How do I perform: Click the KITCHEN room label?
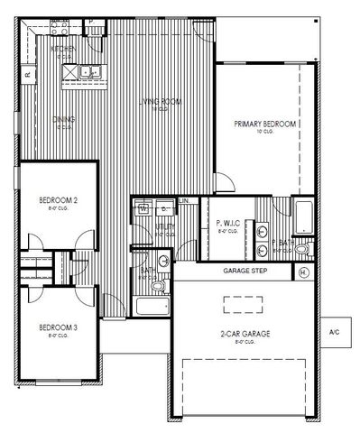pyautogui.click(x=62, y=49)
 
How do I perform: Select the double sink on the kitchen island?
pyautogui.click(x=89, y=70)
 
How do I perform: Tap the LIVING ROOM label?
pyautogui.click(x=160, y=102)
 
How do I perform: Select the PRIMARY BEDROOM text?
pyautogui.click(x=264, y=124)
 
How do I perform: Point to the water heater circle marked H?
pyautogui.click(x=303, y=272)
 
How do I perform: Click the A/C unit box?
pyautogui.click(x=335, y=331)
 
